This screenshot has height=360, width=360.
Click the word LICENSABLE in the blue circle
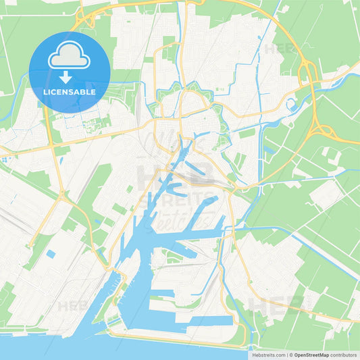[70, 92]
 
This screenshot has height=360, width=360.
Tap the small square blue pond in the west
[51, 254]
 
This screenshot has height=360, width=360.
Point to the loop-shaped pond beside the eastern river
[292, 105]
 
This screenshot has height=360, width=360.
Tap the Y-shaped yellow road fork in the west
[61, 195]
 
